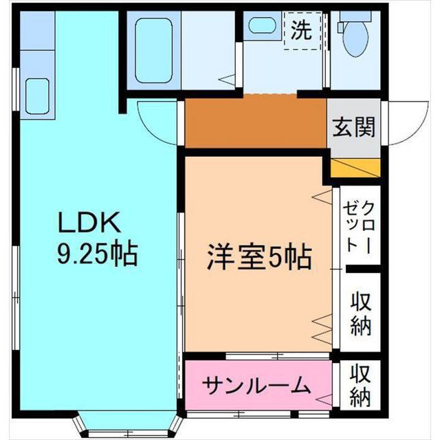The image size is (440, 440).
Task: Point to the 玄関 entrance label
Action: pyautogui.click(x=355, y=127)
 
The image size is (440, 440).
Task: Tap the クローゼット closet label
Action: pyautogui.click(x=360, y=226)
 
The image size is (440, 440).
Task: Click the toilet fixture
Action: pyautogui.click(x=356, y=38)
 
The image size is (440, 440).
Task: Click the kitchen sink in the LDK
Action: pyautogui.click(x=37, y=97)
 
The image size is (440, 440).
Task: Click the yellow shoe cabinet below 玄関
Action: pyautogui.click(x=355, y=168)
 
